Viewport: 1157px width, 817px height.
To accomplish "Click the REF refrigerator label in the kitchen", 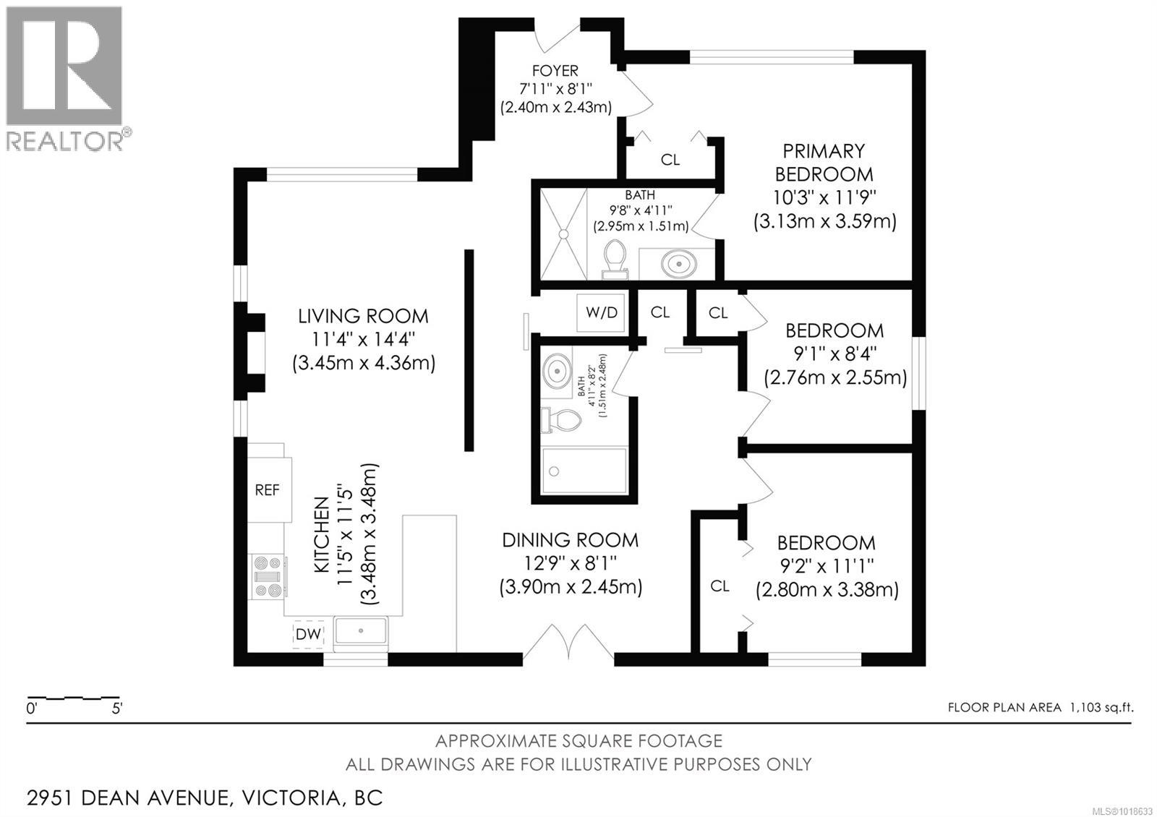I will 267,490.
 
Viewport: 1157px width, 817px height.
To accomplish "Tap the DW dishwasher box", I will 308,634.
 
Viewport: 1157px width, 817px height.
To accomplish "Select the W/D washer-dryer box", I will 602,312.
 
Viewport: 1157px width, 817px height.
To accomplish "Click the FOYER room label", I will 555,71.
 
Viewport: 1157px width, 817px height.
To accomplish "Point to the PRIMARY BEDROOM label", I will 824,163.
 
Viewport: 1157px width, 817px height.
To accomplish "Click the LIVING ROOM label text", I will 363,316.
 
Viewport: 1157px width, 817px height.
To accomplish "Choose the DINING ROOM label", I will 570,540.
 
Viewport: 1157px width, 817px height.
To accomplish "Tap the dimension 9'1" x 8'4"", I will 834,354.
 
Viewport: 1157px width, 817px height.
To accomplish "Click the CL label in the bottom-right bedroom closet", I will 720,586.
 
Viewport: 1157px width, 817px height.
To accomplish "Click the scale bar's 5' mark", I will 116,708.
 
